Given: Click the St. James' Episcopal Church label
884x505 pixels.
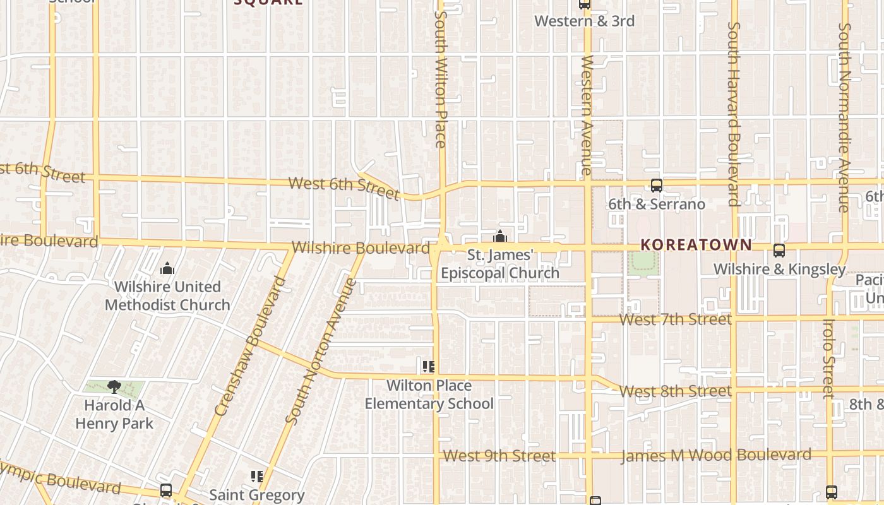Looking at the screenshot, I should [x=500, y=264].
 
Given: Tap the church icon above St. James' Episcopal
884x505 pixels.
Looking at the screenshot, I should [x=500, y=237].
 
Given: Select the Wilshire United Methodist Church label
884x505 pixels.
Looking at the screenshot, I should [x=167, y=295].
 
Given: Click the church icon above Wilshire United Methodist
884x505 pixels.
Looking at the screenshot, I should [x=167, y=269].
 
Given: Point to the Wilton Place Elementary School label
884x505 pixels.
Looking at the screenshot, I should [x=429, y=395].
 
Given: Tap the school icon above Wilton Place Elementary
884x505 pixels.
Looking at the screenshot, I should [x=429, y=367].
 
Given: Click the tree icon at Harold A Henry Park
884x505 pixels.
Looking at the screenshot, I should [x=114, y=386].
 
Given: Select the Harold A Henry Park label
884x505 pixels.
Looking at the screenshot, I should [x=114, y=414].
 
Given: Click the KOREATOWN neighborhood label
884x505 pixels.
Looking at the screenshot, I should [x=696, y=245].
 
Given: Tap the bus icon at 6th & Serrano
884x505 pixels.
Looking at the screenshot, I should [x=657, y=186].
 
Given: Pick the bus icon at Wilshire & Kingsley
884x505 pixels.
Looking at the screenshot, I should [x=779, y=251].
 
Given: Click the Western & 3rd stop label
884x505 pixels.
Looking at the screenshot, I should [x=584, y=21].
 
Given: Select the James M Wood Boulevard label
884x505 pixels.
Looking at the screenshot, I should [x=716, y=455].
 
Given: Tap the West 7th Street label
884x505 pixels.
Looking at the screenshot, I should [x=675, y=319].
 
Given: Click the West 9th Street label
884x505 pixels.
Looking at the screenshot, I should [x=499, y=456].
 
